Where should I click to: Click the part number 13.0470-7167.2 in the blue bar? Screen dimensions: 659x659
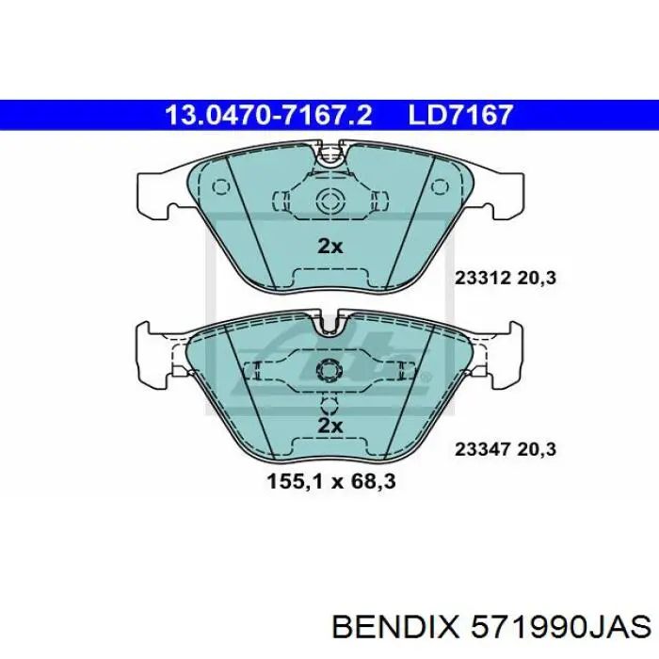(269, 115)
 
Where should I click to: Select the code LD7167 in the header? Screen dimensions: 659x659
(460, 115)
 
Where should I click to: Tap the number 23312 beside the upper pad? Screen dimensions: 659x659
(482, 279)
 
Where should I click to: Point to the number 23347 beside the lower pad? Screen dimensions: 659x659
(482, 450)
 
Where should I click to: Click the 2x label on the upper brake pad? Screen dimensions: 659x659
(329, 247)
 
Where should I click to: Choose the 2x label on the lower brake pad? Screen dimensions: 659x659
(329, 426)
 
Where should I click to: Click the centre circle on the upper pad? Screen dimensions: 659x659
(329, 200)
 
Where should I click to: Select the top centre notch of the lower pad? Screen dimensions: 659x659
(329, 327)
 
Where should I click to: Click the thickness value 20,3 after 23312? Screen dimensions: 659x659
(538, 279)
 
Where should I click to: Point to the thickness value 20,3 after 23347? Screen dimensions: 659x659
(538, 450)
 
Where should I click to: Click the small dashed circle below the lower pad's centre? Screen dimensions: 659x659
(329, 406)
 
